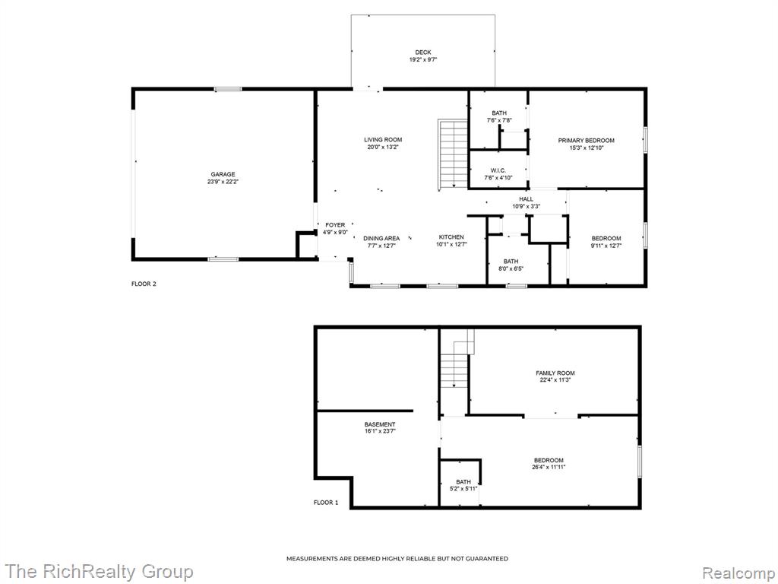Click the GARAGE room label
pyautogui.click(x=223, y=174)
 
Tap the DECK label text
pyautogui.click(x=423, y=52)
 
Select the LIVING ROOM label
pyautogui.click(x=383, y=140)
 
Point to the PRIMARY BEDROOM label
pyautogui.click(x=586, y=141)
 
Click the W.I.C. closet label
pyautogui.click(x=498, y=170)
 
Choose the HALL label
pyautogui.click(x=527, y=199)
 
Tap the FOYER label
pyautogui.click(x=335, y=225)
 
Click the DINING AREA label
pyautogui.click(x=381, y=238)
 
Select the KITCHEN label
pyautogui.click(x=451, y=237)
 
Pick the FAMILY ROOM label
pyautogui.click(x=555, y=373)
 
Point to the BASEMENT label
pyautogui.click(x=380, y=424)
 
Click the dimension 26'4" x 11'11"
pyautogui.click(x=549, y=468)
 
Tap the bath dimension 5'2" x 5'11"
pyautogui.click(x=463, y=489)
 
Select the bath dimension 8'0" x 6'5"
pyautogui.click(x=511, y=268)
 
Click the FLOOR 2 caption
pyautogui.click(x=144, y=284)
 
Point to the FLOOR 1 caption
pyautogui.click(x=326, y=503)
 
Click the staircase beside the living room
pyautogui.click(x=453, y=154)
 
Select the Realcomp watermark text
pyautogui.click(x=738, y=573)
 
